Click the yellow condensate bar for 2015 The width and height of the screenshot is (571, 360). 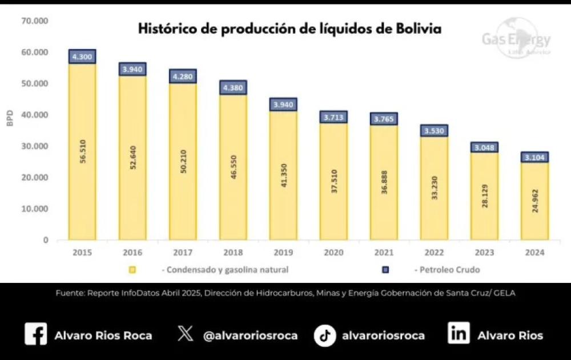click(x=82, y=152)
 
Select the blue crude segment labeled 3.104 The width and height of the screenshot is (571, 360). click(x=534, y=157)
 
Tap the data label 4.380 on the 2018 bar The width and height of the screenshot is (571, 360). click(x=233, y=88)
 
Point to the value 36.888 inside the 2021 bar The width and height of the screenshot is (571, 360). click(x=384, y=182)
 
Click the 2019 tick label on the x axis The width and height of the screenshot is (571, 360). click(x=283, y=253)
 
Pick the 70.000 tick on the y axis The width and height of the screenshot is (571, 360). click(x=35, y=21)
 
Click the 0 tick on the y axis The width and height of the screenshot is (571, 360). click(x=46, y=240)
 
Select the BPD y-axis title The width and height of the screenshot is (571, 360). click(x=10, y=118)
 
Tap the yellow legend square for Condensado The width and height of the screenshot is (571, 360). click(x=132, y=270)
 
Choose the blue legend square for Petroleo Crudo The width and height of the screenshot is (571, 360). click(x=385, y=270)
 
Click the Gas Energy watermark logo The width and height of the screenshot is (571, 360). click(x=516, y=38)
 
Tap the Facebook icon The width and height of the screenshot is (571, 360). click(x=35, y=334)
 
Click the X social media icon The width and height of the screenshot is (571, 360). click(x=186, y=333)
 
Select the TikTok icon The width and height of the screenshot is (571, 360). click(x=325, y=335)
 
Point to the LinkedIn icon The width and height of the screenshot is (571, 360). click(x=459, y=333)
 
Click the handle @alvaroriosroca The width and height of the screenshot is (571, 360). click(x=251, y=335)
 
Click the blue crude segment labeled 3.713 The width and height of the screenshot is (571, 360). click(x=333, y=117)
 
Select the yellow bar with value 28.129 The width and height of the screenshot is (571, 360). click(x=484, y=196)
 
